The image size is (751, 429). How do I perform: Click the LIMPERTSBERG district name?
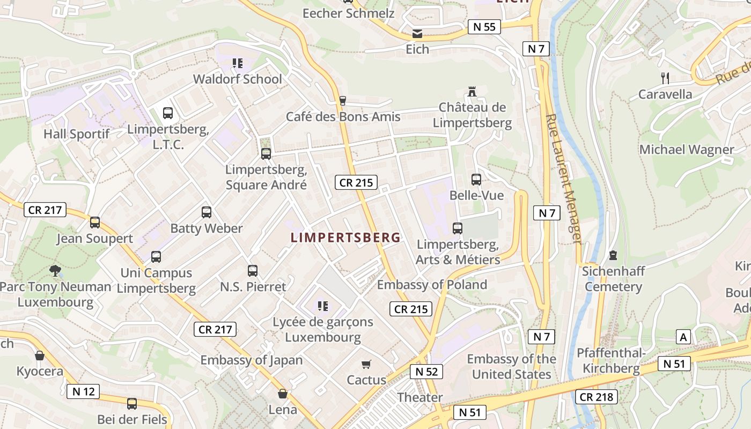345,238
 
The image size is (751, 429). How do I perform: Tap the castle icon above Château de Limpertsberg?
473,91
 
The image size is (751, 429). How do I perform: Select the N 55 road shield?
484,27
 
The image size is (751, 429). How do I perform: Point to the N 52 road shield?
426,372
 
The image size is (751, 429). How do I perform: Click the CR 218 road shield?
597,397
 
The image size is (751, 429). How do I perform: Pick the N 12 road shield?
84,391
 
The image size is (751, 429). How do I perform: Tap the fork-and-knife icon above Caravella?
665,78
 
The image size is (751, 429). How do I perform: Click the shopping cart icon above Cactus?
366,365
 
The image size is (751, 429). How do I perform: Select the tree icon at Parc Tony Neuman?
55,271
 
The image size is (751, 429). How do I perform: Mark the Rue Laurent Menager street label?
563,179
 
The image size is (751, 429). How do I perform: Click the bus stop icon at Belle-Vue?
476,180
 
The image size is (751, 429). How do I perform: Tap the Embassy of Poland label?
432,285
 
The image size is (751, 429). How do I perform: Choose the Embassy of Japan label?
252,360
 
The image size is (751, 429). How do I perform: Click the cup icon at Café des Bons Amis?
343,100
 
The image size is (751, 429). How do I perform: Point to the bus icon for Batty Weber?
207,212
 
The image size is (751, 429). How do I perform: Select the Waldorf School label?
237,79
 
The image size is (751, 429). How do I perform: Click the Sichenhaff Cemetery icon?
613,255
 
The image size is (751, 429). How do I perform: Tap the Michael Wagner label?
687,150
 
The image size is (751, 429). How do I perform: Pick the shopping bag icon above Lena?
283,394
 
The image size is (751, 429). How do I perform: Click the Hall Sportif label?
76,134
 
